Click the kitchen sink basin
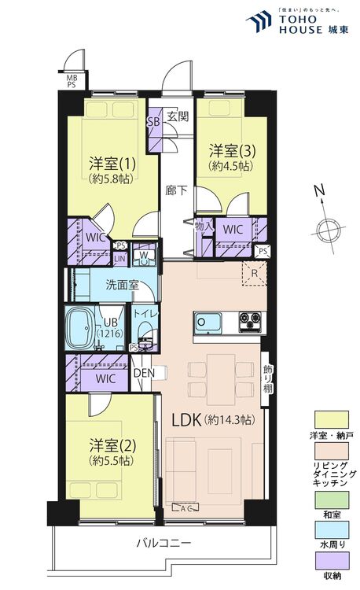[x=203, y=323]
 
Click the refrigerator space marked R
[x=254, y=275]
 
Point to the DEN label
[x=142, y=374]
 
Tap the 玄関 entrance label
[x=178, y=117]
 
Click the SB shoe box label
[x=154, y=122]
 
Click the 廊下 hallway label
[x=176, y=190]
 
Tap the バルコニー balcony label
[x=163, y=543]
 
